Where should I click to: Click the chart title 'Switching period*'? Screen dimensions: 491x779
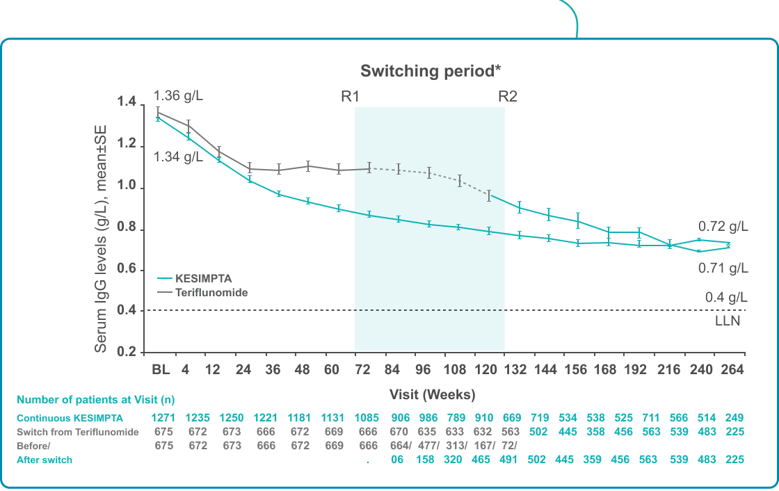pyautogui.click(x=431, y=71)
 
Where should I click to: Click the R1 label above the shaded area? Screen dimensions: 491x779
pyautogui.click(x=350, y=97)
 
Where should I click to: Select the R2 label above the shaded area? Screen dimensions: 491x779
pyautogui.click(x=508, y=97)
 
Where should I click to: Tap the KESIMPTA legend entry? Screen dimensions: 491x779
pyautogui.click(x=204, y=278)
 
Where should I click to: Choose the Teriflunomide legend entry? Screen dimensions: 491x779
pyautogui.click(x=211, y=293)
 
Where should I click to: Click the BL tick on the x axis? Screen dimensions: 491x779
pyautogui.click(x=161, y=370)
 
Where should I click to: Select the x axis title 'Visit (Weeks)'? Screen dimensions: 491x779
pyautogui.click(x=432, y=394)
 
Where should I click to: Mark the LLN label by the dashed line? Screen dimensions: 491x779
pyautogui.click(x=728, y=321)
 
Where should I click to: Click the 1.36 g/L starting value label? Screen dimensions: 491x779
pyautogui.click(x=178, y=95)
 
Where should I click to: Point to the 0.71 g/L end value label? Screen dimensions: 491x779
pyautogui.click(x=723, y=268)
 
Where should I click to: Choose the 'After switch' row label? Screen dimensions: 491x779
pyautogui.click(x=45, y=460)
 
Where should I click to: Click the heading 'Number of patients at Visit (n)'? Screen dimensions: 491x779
pyautogui.click(x=95, y=400)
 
